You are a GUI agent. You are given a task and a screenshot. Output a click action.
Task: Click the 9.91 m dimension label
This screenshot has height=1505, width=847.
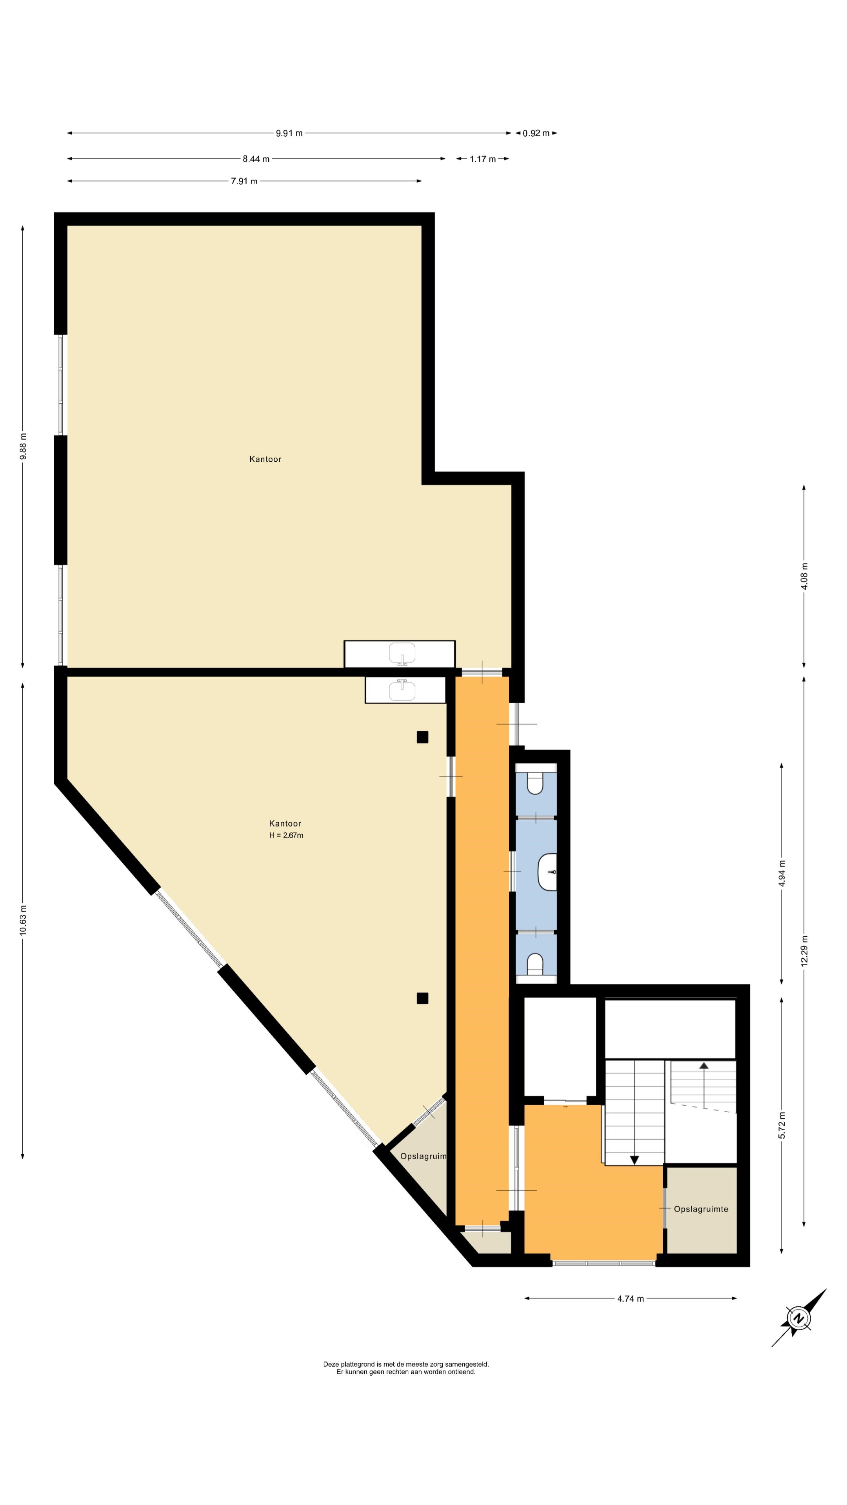[x=289, y=133]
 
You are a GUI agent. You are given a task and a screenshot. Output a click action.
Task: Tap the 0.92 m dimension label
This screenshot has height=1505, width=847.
[x=536, y=133]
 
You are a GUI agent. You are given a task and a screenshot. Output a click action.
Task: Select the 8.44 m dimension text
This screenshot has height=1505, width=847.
[x=256, y=159]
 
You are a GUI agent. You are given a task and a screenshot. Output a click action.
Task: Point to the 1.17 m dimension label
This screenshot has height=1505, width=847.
[x=483, y=159]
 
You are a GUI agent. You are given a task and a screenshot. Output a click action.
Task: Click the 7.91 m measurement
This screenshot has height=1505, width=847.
[x=244, y=181]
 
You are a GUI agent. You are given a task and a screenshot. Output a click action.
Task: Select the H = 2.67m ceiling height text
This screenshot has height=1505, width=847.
[x=286, y=836]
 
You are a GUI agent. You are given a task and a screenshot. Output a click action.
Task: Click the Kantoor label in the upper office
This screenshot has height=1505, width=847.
[x=265, y=459]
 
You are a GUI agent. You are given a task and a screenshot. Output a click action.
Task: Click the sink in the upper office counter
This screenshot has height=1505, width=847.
[x=402, y=654]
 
